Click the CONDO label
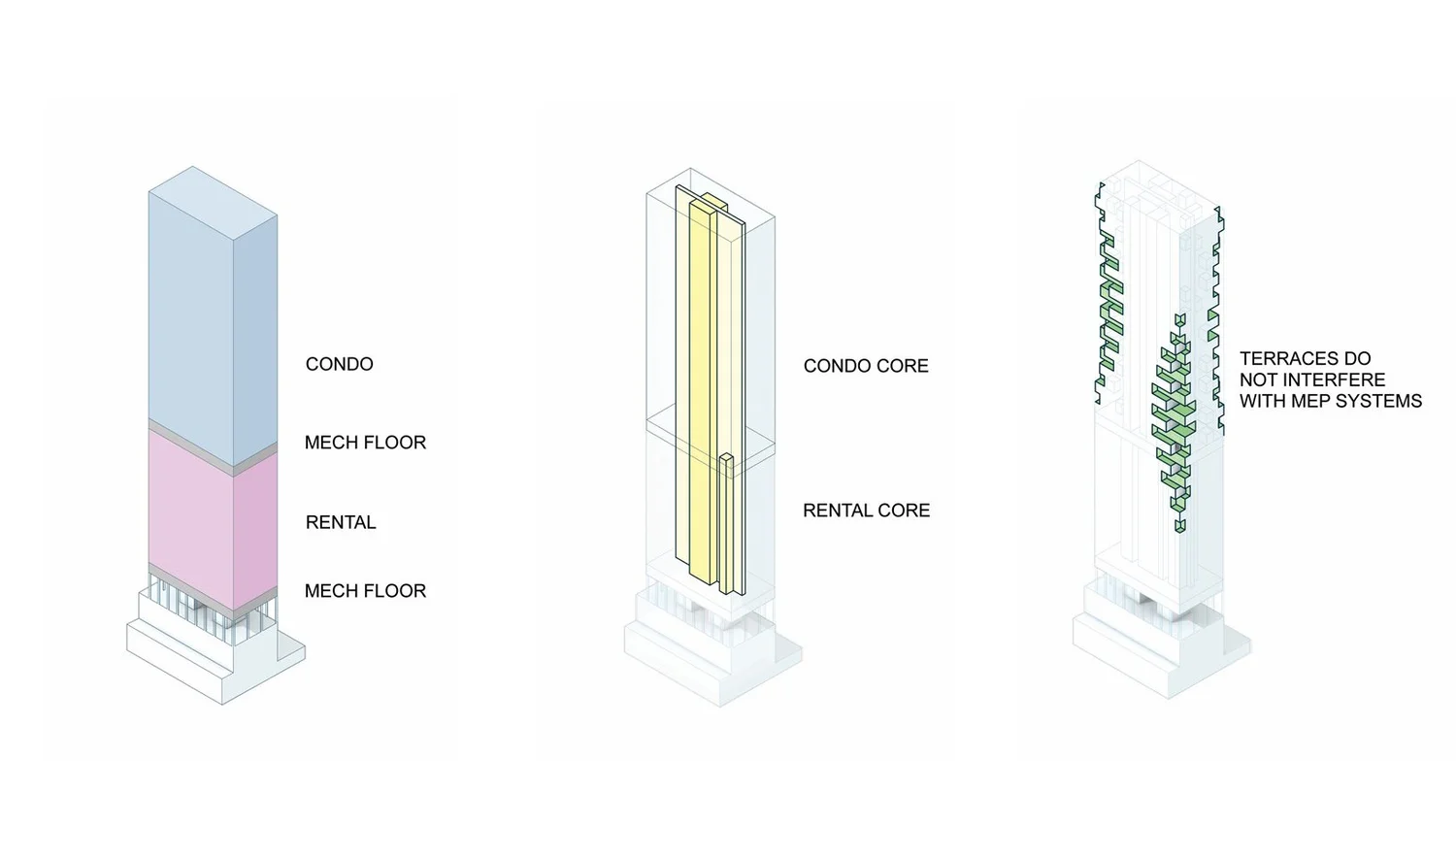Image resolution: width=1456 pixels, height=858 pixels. pos(339,364)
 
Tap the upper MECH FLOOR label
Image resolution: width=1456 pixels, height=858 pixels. pos(365,443)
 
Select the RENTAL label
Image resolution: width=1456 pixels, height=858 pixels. pos(341,522)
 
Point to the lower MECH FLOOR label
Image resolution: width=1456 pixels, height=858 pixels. pos(365,590)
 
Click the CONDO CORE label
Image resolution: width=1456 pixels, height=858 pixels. pos(866,366)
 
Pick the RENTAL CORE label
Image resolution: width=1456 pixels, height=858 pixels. pos(866,511)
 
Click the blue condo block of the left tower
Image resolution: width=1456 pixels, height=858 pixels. pos(190,311)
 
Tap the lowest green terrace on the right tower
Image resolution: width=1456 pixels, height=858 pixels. pos(1179,525)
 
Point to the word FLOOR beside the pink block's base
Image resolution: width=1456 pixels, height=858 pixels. pos(396,590)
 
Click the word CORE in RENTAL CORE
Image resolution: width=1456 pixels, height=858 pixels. pos(906,511)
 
